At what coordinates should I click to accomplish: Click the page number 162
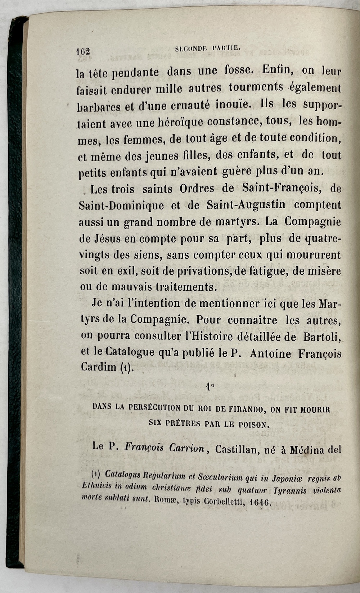point(83,52)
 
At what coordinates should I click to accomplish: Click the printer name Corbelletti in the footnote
point(220,501)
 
